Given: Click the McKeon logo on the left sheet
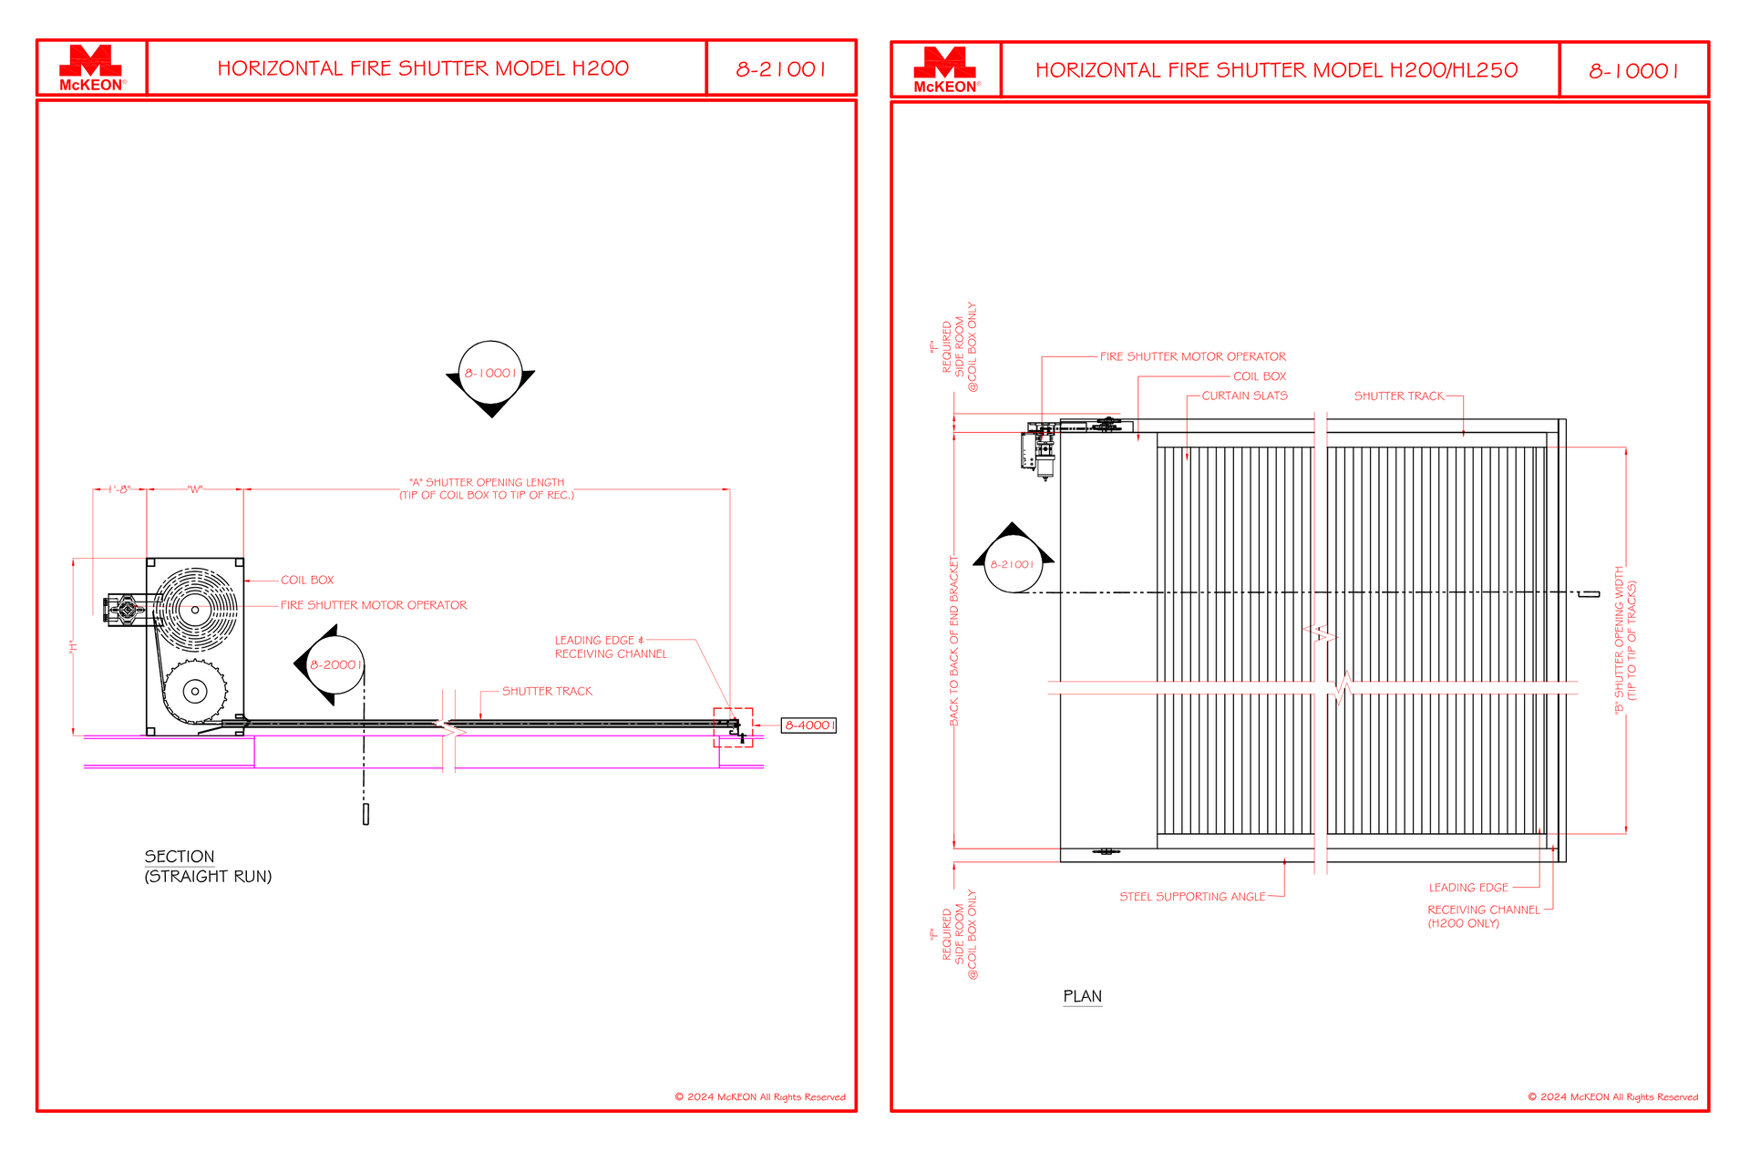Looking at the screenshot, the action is (x=91, y=68).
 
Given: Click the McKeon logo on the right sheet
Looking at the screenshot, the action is (x=946, y=70).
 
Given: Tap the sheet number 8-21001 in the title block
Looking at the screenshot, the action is (x=781, y=69).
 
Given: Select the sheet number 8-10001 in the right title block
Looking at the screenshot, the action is (x=1634, y=71).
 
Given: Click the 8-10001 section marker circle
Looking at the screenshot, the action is (x=490, y=373).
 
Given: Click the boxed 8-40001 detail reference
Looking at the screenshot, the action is (x=808, y=725).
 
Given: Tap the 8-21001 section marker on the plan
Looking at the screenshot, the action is (x=1013, y=564).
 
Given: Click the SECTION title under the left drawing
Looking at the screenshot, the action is (x=180, y=857).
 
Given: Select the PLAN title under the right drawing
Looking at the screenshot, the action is (x=1083, y=996).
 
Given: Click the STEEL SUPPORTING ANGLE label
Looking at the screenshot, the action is (x=1192, y=897).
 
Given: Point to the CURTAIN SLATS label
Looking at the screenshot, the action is (x=1244, y=396).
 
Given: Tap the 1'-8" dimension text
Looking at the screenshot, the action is (x=119, y=489).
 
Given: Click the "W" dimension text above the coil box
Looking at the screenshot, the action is (x=195, y=489).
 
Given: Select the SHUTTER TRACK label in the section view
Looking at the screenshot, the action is (x=547, y=692).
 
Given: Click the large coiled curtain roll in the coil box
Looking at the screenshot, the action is (x=195, y=609).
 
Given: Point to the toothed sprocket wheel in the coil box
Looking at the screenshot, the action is (x=195, y=692).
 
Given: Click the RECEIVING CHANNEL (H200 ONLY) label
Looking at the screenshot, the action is (x=1483, y=917).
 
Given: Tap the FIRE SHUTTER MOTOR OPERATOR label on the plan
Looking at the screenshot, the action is (x=1193, y=356).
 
